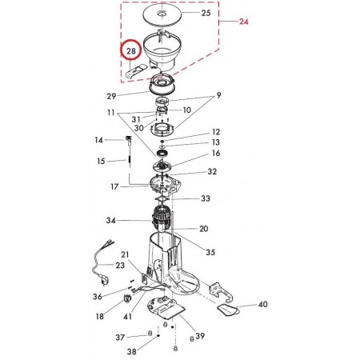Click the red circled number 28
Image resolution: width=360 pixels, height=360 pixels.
click(131, 50)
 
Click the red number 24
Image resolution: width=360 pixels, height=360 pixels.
click(244, 21)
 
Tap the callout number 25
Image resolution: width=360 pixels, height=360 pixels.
click(206, 13)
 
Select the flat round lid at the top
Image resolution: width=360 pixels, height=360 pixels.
click(162, 14)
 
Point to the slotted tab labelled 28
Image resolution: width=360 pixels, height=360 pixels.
click(136, 71)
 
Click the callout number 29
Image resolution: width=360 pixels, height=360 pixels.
click(111, 96)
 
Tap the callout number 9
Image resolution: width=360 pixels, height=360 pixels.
click(218, 95)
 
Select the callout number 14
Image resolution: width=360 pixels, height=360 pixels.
click(99, 140)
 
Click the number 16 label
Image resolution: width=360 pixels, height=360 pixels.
click(216, 153)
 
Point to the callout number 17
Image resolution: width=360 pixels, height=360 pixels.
click(114, 186)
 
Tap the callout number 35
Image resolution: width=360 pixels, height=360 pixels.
click(210, 252)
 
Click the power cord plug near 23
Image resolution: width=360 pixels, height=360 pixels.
click(104, 282)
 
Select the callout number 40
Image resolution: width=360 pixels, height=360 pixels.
click(263, 304)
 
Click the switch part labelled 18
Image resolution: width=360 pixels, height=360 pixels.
click(127, 298)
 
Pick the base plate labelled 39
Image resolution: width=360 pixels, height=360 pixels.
click(166, 308)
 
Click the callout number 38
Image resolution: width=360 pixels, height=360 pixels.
click(131, 351)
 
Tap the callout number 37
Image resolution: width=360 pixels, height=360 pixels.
click(120, 338)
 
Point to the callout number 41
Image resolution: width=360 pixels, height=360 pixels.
click(127, 317)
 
